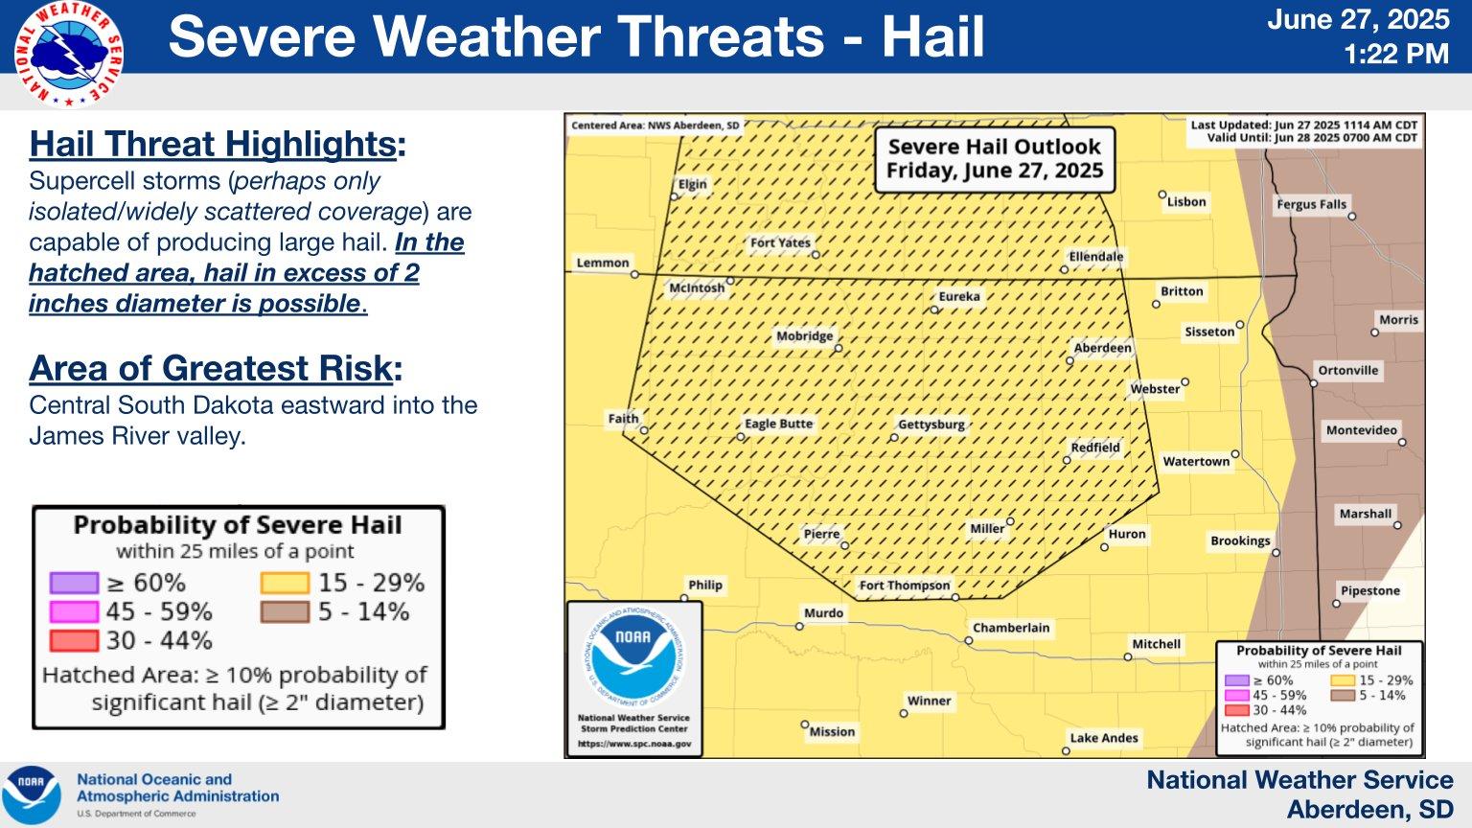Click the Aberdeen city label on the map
[x=1103, y=348]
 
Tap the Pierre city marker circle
[x=845, y=545]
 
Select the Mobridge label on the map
[x=805, y=336]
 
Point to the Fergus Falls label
[x=1312, y=204]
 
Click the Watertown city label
[x=1196, y=461]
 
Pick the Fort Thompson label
[x=905, y=585]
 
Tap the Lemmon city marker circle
[x=634, y=274]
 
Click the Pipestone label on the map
[x=1370, y=590]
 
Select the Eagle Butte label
[x=779, y=424]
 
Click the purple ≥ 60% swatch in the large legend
[x=74, y=583]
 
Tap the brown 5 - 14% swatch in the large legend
[x=285, y=611]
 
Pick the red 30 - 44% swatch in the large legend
[x=74, y=641]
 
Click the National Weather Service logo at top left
[x=68, y=55]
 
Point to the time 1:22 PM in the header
[x=1396, y=54]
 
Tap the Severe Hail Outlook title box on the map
[x=994, y=159]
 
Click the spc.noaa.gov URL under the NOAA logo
[x=634, y=744]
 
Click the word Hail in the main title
[x=933, y=36]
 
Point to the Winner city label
[x=930, y=701]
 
